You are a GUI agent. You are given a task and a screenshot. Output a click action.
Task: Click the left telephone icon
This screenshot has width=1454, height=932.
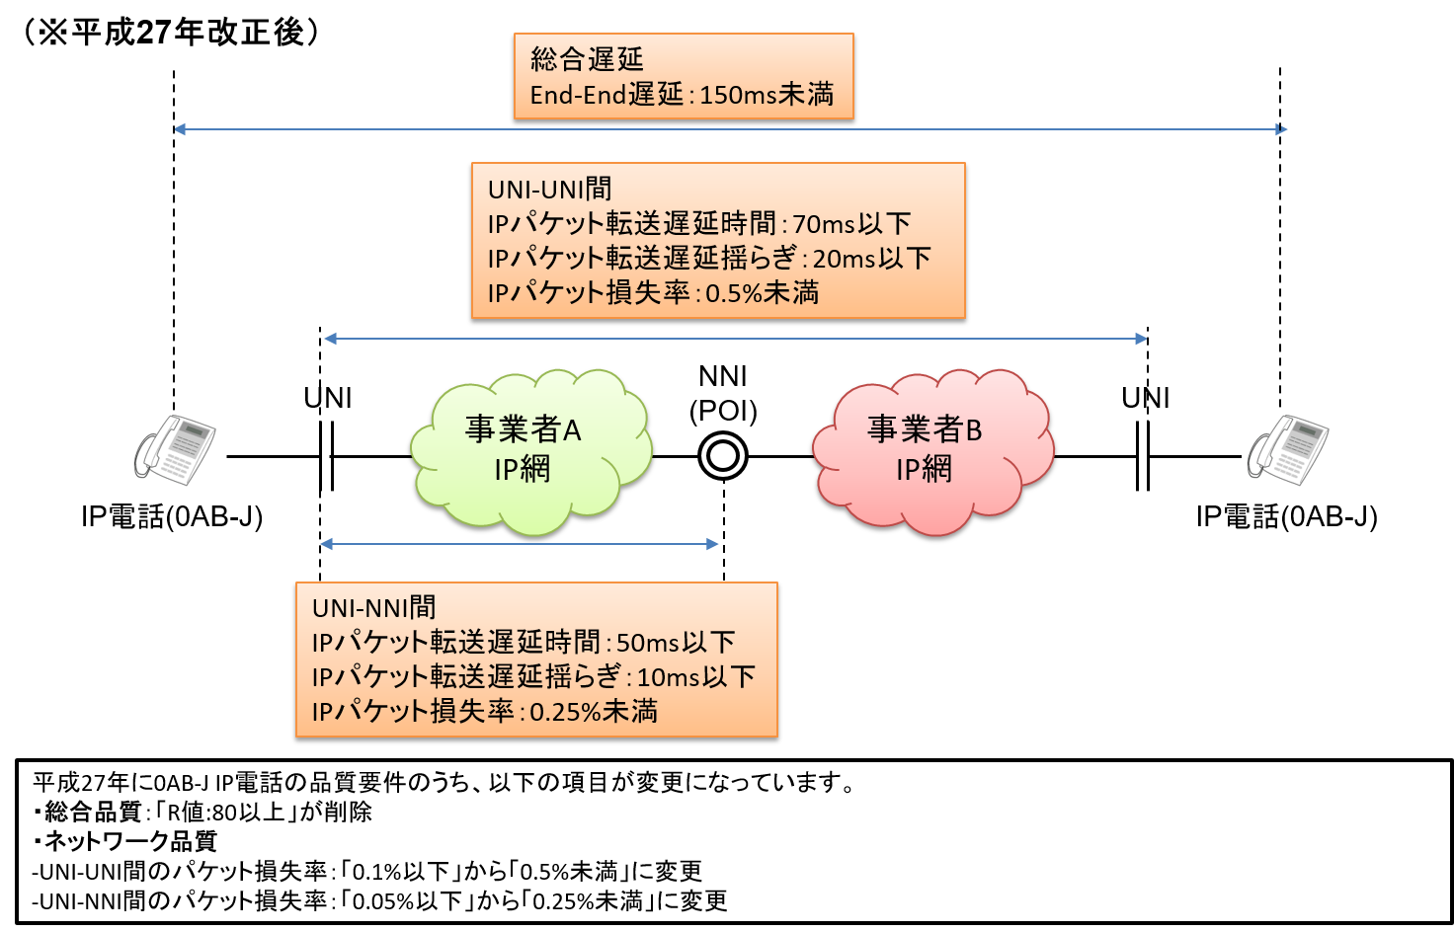[x=174, y=449]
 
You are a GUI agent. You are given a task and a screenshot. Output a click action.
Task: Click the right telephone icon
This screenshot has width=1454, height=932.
[x=1287, y=449]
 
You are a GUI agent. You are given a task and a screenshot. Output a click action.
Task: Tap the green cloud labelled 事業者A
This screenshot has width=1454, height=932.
[x=531, y=452]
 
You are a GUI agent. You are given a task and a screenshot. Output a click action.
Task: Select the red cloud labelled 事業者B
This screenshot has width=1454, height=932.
[x=932, y=452]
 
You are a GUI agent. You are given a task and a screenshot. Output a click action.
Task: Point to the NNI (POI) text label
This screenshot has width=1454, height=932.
[x=723, y=394]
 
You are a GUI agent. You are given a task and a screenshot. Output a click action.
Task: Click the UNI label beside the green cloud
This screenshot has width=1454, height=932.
[x=328, y=398]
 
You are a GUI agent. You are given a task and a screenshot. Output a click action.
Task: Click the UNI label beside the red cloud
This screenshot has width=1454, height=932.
[x=1146, y=398]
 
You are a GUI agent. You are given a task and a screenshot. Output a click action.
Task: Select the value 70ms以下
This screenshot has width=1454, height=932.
[x=851, y=224]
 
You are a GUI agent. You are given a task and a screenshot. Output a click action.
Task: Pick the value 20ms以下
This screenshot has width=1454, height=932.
[x=872, y=259]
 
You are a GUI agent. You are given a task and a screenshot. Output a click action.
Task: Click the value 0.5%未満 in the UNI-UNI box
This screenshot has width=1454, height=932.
[x=762, y=293]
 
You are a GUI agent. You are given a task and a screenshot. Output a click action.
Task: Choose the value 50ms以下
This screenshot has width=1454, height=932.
[x=675, y=643]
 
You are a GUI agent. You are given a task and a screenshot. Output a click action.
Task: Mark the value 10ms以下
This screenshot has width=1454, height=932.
[x=695, y=677]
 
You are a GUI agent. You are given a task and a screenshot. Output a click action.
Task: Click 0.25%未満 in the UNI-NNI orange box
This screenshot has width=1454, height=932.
[x=594, y=712]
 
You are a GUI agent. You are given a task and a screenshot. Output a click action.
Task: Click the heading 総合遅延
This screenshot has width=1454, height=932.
[x=587, y=59]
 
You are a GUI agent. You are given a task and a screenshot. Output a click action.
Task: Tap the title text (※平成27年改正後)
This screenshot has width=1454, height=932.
[x=171, y=32]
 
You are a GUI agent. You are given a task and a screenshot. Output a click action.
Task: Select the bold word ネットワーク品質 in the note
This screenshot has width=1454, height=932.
[x=129, y=841]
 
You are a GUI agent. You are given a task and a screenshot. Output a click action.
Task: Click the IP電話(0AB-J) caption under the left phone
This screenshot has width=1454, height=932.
[x=171, y=517]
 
